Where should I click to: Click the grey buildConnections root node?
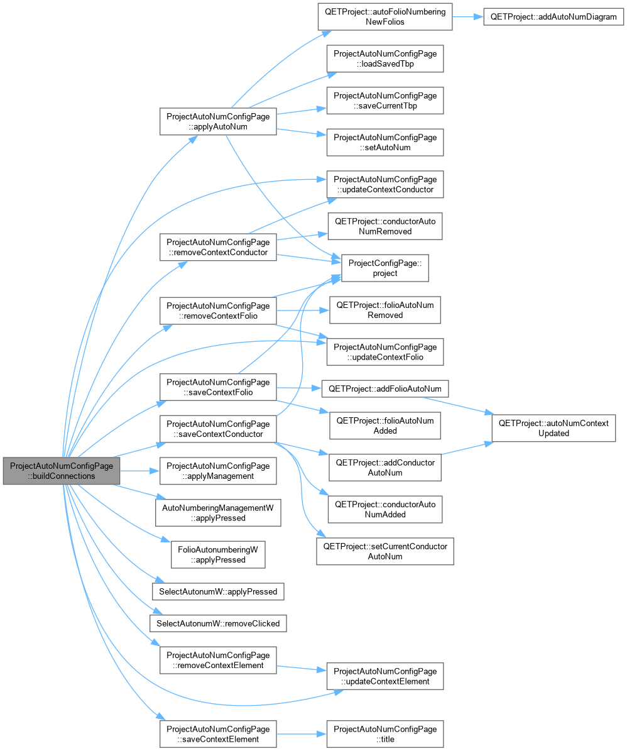tap(62, 471)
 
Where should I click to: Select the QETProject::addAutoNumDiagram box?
tap(553, 17)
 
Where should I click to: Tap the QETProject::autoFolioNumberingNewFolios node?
tap(385, 17)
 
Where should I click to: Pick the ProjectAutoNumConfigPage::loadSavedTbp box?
tap(385, 59)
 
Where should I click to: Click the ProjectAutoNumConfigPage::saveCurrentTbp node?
tap(385, 101)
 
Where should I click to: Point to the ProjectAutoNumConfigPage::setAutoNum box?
tap(385, 142)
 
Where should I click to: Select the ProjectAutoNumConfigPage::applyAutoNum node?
tap(218, 122)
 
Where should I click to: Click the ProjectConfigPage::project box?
tap(385, 268)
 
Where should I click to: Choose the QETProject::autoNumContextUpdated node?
tap(553, 428)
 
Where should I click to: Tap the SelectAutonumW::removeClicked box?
tap(218, 623)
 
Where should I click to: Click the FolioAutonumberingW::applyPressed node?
tap(218, 555)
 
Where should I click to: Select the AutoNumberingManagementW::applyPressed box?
tap(218, 513)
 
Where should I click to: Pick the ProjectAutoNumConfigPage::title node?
tap(385, 734)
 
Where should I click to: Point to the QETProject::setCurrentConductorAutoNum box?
tap(385, 551)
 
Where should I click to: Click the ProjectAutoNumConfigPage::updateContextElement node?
tap(385, 676)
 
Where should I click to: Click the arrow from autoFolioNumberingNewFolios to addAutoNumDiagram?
tap(467, 17)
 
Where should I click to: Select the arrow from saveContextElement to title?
tap(302, 734)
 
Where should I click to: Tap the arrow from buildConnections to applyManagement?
tap(139, 471)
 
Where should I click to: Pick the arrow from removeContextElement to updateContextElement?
tap(302, 668)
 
